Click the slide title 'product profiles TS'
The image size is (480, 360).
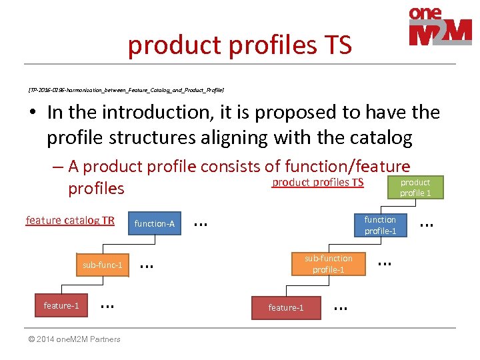tap(239, 45)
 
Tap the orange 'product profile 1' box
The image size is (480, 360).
tap(415, 187)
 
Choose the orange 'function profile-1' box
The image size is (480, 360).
tap(380, 225)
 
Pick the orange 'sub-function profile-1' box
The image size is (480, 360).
tap(328, 263)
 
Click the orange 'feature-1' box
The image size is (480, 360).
tap(285, 307)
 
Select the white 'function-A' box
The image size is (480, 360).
tap(154, 224)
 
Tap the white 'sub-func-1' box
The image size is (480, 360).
tap(102, 265)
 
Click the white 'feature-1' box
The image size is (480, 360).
tap(61, 305)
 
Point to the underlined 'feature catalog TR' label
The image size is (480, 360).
tap(70, 220)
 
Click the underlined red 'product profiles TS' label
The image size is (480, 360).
tap(317, 182)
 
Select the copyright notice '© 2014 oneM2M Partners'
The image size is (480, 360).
tap(73, 339)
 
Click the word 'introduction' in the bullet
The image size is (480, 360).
tap(146, 112)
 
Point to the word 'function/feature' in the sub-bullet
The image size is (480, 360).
tap(347, 166)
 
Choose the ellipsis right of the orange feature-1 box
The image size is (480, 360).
tap(340, 307)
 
